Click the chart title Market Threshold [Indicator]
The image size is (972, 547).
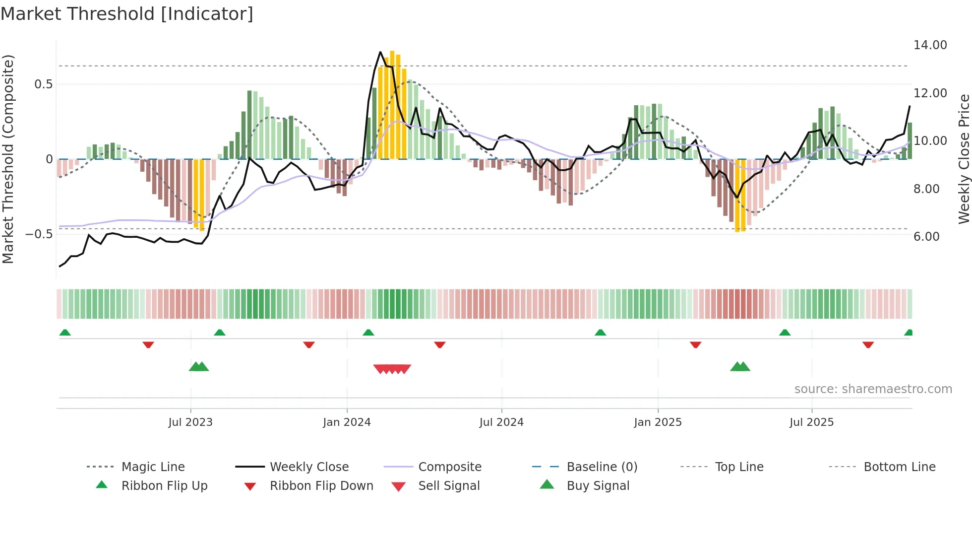(x=127, y=14)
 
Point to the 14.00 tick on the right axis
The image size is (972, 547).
(x=930, y=45)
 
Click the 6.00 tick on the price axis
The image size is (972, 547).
(x=926, y=237)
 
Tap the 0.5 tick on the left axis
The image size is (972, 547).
(x=44, y=84)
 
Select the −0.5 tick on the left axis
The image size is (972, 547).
(x=39, y=234)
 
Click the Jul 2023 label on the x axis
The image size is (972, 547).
(x=190, y=422)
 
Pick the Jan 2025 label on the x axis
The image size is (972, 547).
(x=658, y=422)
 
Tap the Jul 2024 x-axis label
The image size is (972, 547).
(x=501, y=422)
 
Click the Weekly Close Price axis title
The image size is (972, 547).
(x=964, y=159)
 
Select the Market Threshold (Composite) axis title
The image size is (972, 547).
(x=8, y=159)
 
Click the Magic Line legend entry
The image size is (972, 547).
(x=153, y=467)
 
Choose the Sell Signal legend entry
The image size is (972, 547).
(x=449, y=486)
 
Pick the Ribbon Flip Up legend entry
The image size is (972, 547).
(x=164, y=486)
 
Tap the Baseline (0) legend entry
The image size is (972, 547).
(x=602, y=467)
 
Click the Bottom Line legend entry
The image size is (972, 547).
(x=899, y=467)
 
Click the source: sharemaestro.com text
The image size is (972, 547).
(x=873, y=389)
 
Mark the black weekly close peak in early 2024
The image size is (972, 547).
(x=380, y=52)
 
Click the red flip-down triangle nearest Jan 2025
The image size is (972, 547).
(x=695, y=344)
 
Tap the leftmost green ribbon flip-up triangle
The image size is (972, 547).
(x=65, y=333)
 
